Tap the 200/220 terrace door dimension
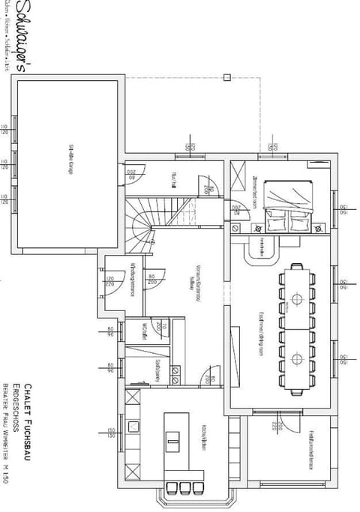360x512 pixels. (274, 427)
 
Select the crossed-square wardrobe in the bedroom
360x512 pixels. (239, 179)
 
